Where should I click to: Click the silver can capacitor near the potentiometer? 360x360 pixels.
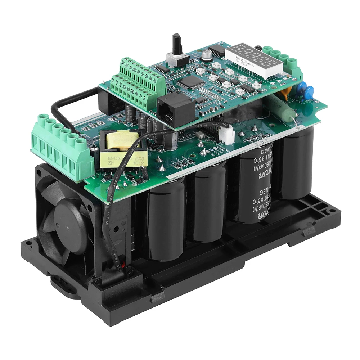point(206,55)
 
